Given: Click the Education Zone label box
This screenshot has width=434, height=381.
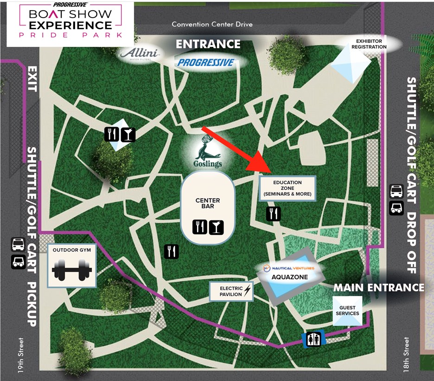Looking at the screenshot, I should [287, 188].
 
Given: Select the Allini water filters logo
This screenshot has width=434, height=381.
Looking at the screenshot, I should [140, 54].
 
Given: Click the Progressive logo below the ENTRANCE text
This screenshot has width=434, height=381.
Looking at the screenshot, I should [206, 62].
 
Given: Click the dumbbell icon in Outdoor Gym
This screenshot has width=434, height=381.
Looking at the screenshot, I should [72, 270].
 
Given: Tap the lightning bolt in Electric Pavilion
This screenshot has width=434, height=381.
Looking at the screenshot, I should [247, 291].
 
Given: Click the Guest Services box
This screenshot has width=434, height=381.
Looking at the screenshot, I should [347, 310].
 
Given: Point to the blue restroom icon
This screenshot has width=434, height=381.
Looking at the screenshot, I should [314, 340].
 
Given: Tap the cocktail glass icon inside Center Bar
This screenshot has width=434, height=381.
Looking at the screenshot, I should [216, 227].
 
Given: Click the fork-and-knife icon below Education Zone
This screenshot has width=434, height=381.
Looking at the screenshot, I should [274, 214].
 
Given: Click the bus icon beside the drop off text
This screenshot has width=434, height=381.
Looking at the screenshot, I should [396, 191].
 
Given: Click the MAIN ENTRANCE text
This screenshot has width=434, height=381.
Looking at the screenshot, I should [378, 288].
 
